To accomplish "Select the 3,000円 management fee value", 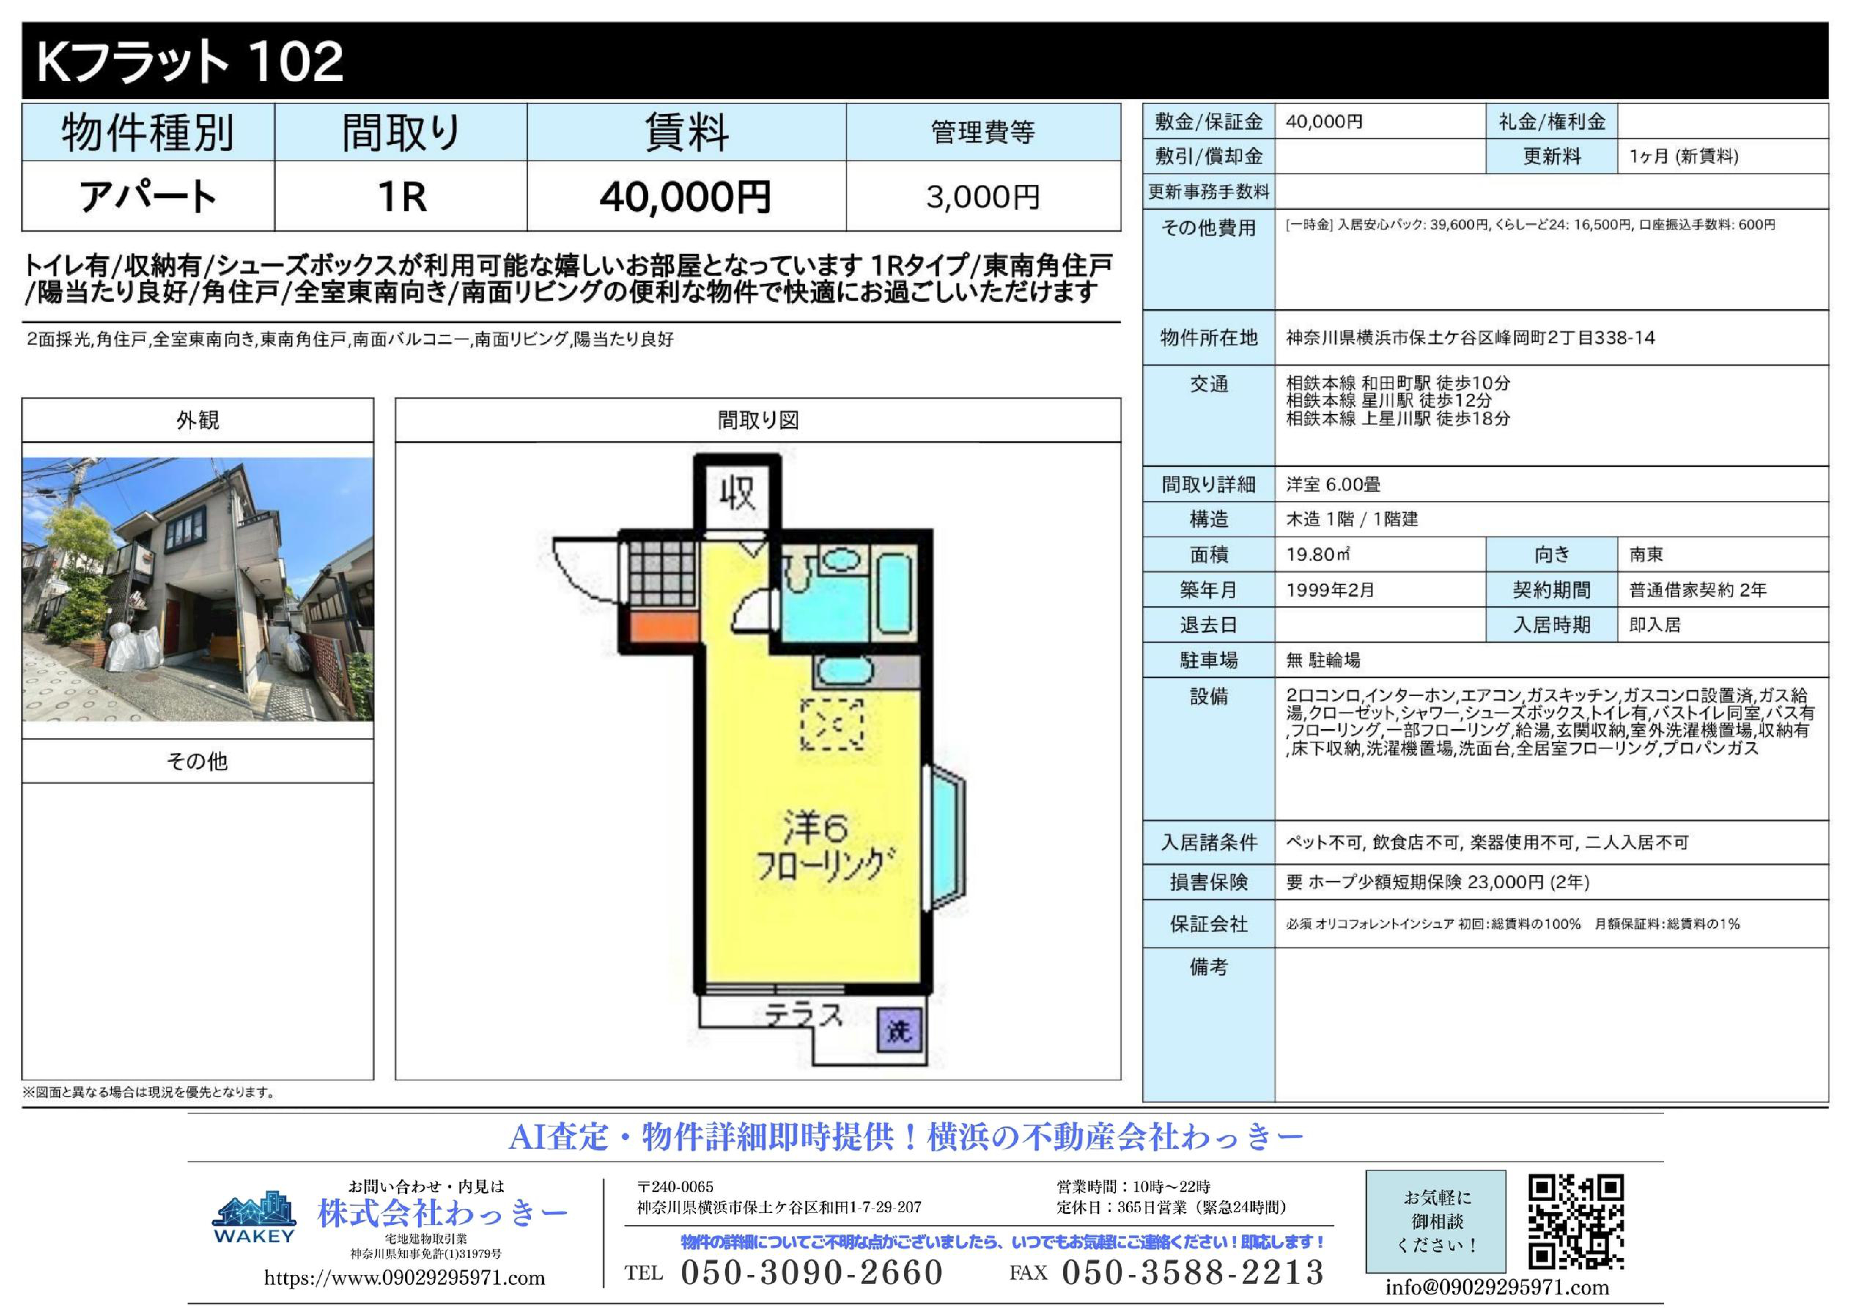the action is click(983, 197).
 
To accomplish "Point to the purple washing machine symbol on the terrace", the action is click(898, 1030).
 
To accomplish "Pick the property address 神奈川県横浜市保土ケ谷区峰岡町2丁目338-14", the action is click(1470, 338).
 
